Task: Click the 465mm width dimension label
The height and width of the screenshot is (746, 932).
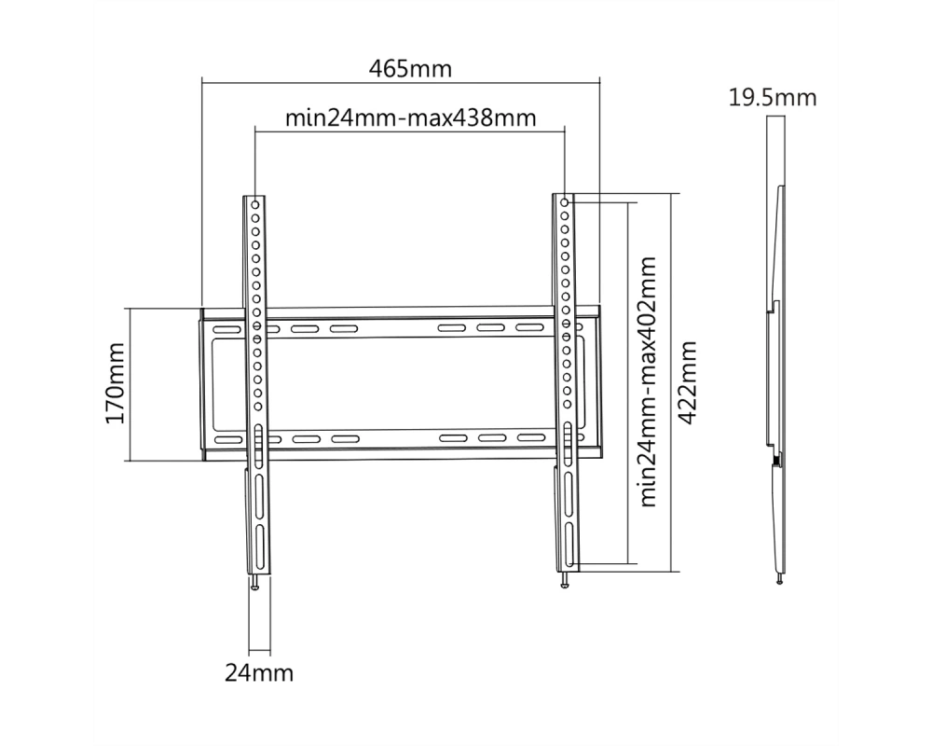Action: [x=410, y=69]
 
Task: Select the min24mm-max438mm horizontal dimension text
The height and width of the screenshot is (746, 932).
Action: [x=411, y=117]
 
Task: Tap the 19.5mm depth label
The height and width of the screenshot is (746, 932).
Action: [x=773, y=98]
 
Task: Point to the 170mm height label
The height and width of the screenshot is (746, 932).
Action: [x=116, y=383]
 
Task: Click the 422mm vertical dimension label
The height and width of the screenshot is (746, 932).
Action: [x=687, y=382]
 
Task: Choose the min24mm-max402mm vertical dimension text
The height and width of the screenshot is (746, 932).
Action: [x=648, y=381]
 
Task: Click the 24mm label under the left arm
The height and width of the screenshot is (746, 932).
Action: [x=259, y=673]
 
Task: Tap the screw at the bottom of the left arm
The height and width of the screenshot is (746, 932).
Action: [x=255, y=583]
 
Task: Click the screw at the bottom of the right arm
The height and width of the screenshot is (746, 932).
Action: [x=564, y=580]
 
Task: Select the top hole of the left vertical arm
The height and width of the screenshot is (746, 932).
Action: [x=255, y=204]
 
